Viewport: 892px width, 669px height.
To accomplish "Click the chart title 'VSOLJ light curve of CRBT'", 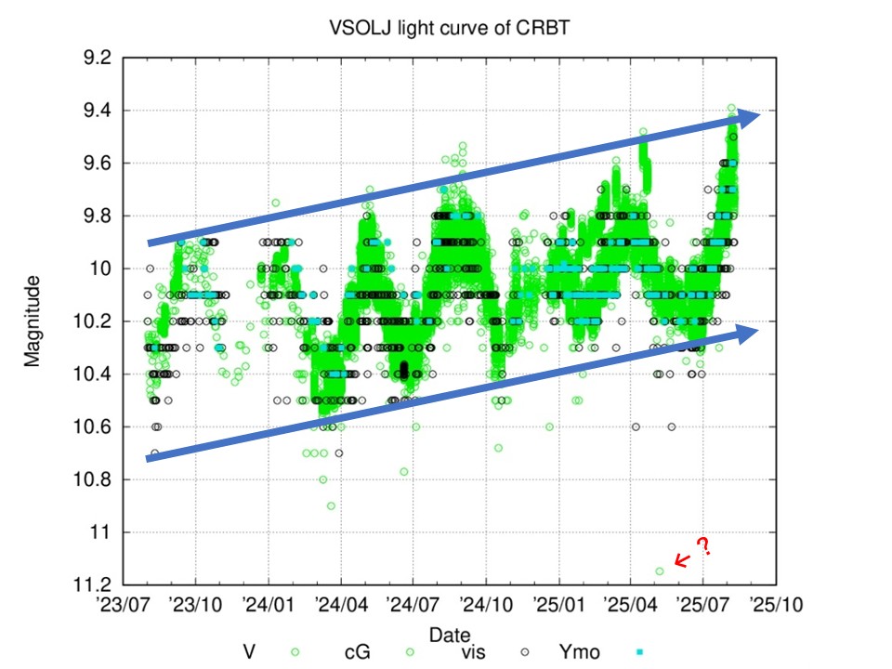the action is [450, 27].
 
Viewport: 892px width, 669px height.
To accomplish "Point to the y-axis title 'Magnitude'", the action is [32, 321].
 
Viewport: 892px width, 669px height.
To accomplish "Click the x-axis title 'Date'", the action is [450, 635].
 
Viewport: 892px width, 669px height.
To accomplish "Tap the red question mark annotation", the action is [704, 546].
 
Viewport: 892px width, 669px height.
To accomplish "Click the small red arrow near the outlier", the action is [682, 561].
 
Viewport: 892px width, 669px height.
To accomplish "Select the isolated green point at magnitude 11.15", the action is [660, 571].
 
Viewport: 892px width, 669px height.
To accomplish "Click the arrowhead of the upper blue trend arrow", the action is [749, 117].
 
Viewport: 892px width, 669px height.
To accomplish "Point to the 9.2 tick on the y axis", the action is [98, 58].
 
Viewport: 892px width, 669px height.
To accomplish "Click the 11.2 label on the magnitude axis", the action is [93, 584].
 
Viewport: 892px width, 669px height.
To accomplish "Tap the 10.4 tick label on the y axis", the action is [93, 374].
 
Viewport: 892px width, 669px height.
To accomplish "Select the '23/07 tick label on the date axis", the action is [124, 604].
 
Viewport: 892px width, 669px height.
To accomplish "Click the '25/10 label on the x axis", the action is [776, 604].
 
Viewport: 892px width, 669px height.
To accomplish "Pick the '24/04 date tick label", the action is [341, 604].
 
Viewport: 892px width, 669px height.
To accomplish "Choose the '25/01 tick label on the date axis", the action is [558, 604].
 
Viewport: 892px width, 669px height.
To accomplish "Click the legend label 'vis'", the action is [473, 652].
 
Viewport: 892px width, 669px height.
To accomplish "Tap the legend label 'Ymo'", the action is [579, 652].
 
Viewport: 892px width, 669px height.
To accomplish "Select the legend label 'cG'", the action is [357, 652].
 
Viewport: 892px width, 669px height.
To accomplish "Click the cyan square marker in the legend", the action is [640, 652].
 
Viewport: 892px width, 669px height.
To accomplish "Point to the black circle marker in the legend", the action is [525, 652].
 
